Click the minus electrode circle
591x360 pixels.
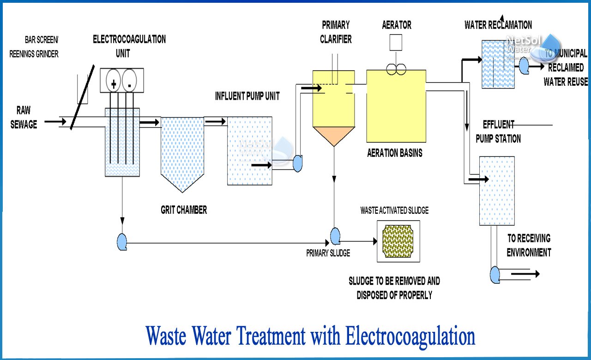(x=130, y=82)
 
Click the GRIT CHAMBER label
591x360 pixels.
(x=184, y=210)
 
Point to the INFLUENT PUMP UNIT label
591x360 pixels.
(x=247, y=96)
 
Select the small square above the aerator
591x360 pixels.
(x=396, y=43)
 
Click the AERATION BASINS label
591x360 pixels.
(x=395, y=153)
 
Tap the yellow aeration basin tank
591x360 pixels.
(x=396, y=106)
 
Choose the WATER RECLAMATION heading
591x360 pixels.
(x=498, y=25)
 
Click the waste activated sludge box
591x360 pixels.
(x=398, y=241)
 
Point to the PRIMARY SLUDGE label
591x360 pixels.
(x=328, y=253)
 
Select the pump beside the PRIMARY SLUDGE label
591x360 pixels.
(x=335, y=236)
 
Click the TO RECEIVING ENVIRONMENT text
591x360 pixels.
(x=529, y=246)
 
